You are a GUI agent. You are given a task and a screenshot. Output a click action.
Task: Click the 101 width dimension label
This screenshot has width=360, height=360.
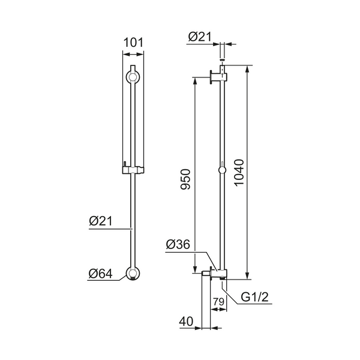tap(133, 43)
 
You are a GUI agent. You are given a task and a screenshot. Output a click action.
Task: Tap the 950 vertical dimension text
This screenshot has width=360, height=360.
tap(185, 179)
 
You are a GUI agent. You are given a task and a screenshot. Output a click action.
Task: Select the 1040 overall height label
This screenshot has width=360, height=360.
tap(239, 172)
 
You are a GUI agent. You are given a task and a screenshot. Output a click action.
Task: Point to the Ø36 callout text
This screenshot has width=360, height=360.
tap(178, 244)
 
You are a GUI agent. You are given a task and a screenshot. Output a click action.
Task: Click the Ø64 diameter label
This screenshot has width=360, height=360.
tap(101, 274)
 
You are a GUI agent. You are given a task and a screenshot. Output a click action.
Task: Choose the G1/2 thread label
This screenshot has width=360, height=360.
tap(254, 297)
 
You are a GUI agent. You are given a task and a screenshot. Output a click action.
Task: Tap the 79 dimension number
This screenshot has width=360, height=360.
tap(218, 302)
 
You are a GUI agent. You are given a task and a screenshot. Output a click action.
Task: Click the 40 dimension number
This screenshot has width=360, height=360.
tap(186, 321)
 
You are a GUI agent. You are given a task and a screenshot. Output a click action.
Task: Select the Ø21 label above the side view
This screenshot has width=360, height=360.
tap(200, 37)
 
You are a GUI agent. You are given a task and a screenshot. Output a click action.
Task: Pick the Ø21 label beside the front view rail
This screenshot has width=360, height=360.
tap(101, 221)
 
